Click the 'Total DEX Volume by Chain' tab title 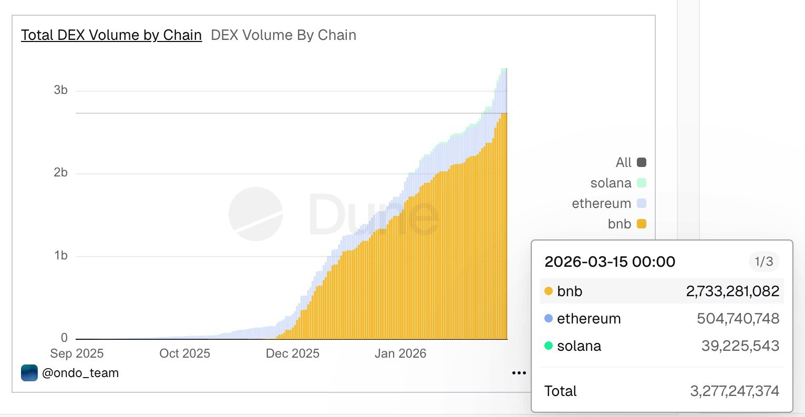(111, 35)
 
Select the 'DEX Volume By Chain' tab (283, 35)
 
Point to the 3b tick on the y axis (60, 90)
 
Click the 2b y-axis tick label (60, 173)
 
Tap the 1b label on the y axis (60, 256)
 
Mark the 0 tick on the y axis (64, 338)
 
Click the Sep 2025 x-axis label (77, 353)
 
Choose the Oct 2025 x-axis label (184, 353)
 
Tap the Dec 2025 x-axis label (293, 353)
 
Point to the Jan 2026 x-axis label (400, 353)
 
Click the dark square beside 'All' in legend (641, 162)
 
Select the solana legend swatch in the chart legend (641, 183)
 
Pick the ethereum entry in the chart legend (601, 203)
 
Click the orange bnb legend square (641, 224)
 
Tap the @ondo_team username (80, 373)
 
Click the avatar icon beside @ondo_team (29, 373)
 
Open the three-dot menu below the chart (519, 373)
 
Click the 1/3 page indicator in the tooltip (763, 261)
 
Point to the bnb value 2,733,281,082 (732, 291)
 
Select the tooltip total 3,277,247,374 (735, 391)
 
